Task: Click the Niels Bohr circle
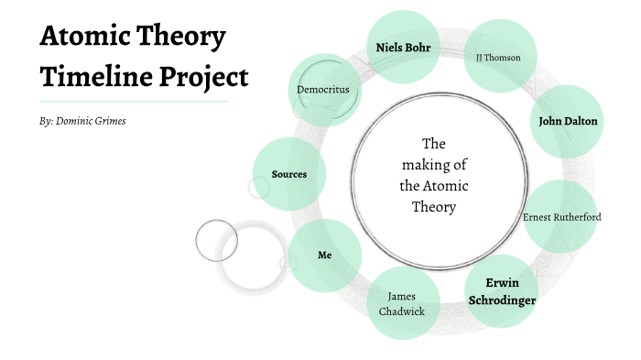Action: pos(404,47)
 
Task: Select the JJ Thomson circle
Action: pos(498,57)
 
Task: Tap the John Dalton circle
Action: pos(568,120)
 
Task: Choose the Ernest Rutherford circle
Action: pos(560,217)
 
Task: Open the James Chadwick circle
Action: pos(402,303)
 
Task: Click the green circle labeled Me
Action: pos(324,255)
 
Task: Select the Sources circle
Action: pos(288,174)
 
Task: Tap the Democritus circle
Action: pos(323,90)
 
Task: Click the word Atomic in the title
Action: pos(86,38)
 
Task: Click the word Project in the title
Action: pos(204,76)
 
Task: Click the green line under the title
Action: pos(134,101)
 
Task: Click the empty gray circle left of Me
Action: pos(217,240)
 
